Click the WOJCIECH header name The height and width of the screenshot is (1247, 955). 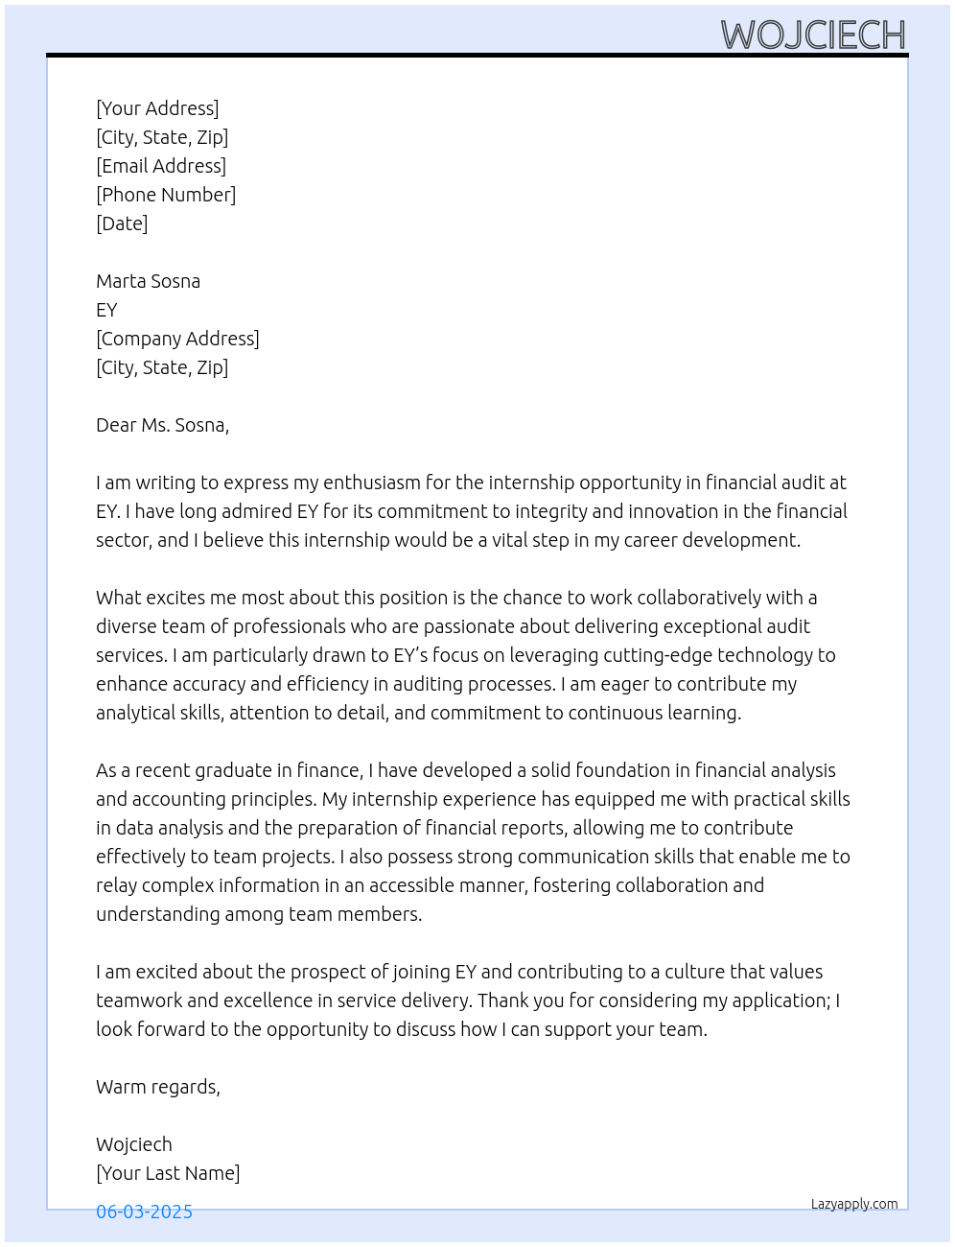(813, 35)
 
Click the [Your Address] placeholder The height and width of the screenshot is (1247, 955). (157, 108)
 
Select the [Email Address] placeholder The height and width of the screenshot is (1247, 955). (161, 166)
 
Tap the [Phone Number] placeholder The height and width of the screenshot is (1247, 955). (166, 195)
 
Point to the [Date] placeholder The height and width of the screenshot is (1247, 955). (122, 224)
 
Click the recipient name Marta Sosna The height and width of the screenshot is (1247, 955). (148, 281)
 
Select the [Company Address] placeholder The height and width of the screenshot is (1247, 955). (177, 339)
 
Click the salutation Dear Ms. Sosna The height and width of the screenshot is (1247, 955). (162, 425)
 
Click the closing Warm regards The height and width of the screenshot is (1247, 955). (157, 1087)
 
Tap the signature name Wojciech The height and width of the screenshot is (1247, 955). (134, 1144)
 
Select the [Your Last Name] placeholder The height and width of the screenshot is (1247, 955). (168, 1173)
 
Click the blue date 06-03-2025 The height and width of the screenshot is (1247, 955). (144, 1212)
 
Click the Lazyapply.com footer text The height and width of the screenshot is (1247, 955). (854, 1204)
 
